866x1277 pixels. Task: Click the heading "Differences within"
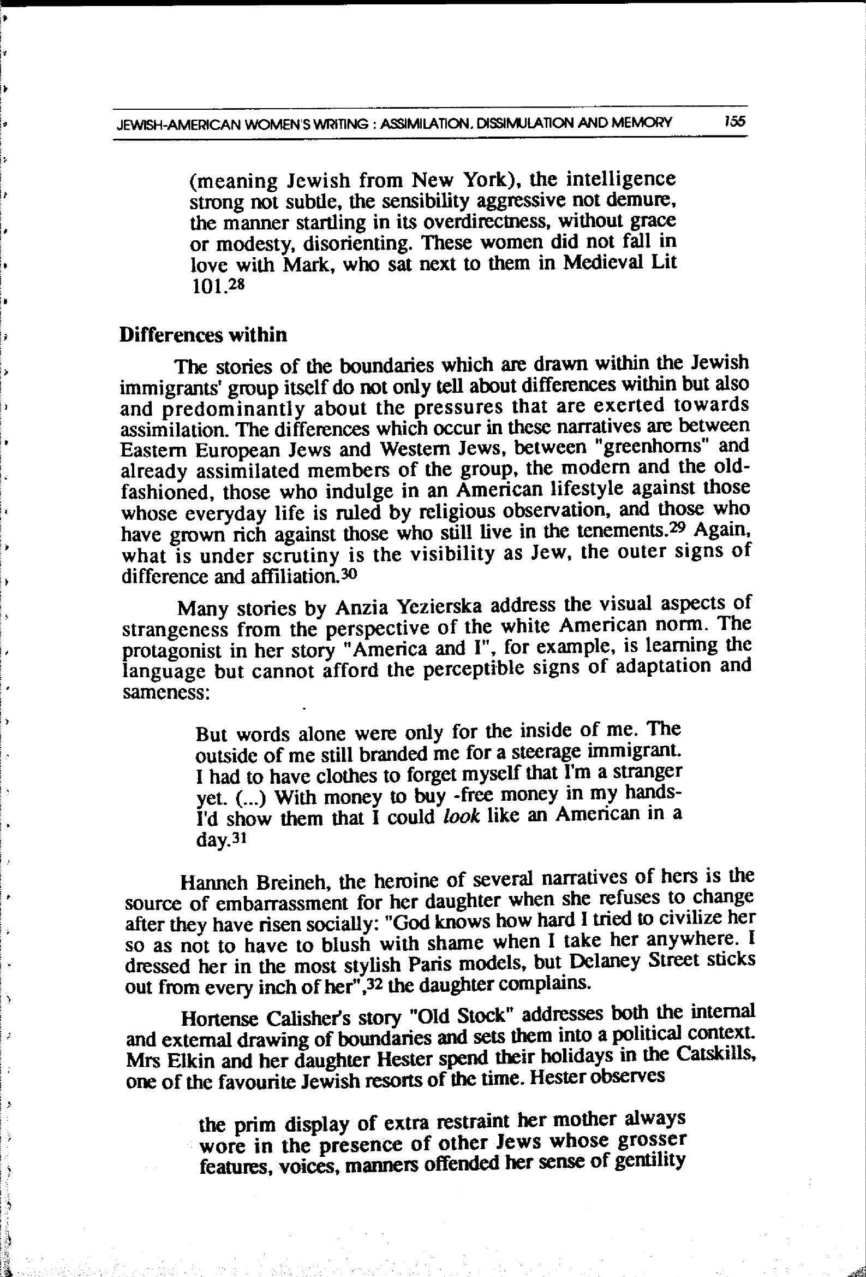[202, 335]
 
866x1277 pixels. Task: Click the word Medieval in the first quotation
[605, 263]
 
